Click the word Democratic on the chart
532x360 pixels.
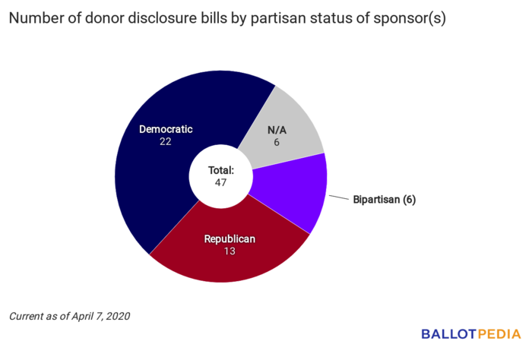pos(166,129)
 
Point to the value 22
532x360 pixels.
pos(166,142)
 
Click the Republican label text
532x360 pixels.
pos(230,238)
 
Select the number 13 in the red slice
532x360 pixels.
pos(230,251)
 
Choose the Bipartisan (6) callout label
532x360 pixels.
pos(384,200)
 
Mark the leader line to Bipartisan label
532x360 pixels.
pos(337,195)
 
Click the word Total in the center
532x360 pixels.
pos(221,171)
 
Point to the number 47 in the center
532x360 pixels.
pos(221,183)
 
